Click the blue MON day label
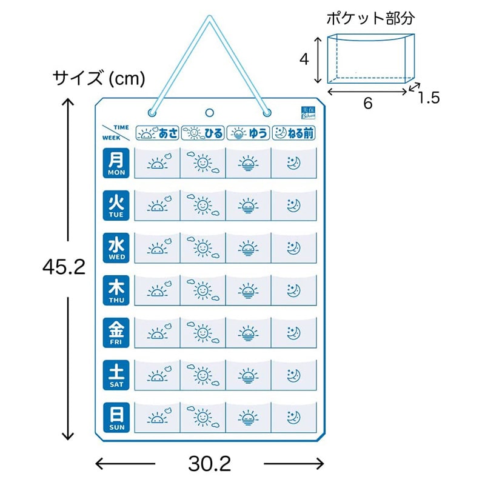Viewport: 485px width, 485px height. pyautogui.click(x=116, y=163)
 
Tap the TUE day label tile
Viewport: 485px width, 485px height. pyautogui.click(x=116, y=206)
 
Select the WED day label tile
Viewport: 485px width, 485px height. pyautogui.click(x=116, y=248)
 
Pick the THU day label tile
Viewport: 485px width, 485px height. pyautogui.click(x=116, y=290)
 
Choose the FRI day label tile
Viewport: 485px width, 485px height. pyautogui.click(x=116, y=333)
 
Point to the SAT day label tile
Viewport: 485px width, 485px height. pyautogui.click(x=116, y=375)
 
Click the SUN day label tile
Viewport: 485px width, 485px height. pyautogui.click(x=116, y=418)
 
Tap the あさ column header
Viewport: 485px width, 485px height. pyautogui.click(x=157, y=132)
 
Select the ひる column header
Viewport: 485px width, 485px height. pyautogui.click(x=202, y=132)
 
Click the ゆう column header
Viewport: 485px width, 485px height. pyautogui.click(x=248, y=132)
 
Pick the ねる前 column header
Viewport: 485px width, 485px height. pyautogui.click(x=295, y=132)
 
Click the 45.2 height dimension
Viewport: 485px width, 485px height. pyautogui.click(x=64, y=267)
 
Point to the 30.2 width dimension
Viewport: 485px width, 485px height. pyautogui.click(x=209, y=464)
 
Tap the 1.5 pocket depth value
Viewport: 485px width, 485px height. pyautogui.click(x=428, y=97)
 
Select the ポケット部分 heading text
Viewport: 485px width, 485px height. pyautogui.click(x=370, y=18)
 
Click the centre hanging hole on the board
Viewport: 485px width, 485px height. pyautogui.click(x=210, y=112)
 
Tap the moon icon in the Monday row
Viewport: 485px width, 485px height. pyautogui.click(x=293, y=163)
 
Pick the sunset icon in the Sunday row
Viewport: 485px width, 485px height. pyautogui.click(x=248, y=418)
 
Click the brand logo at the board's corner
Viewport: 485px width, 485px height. pyautogui.click(x=308, y=113)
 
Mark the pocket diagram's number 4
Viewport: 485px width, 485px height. pyautogui.click(x=305, y=59)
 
